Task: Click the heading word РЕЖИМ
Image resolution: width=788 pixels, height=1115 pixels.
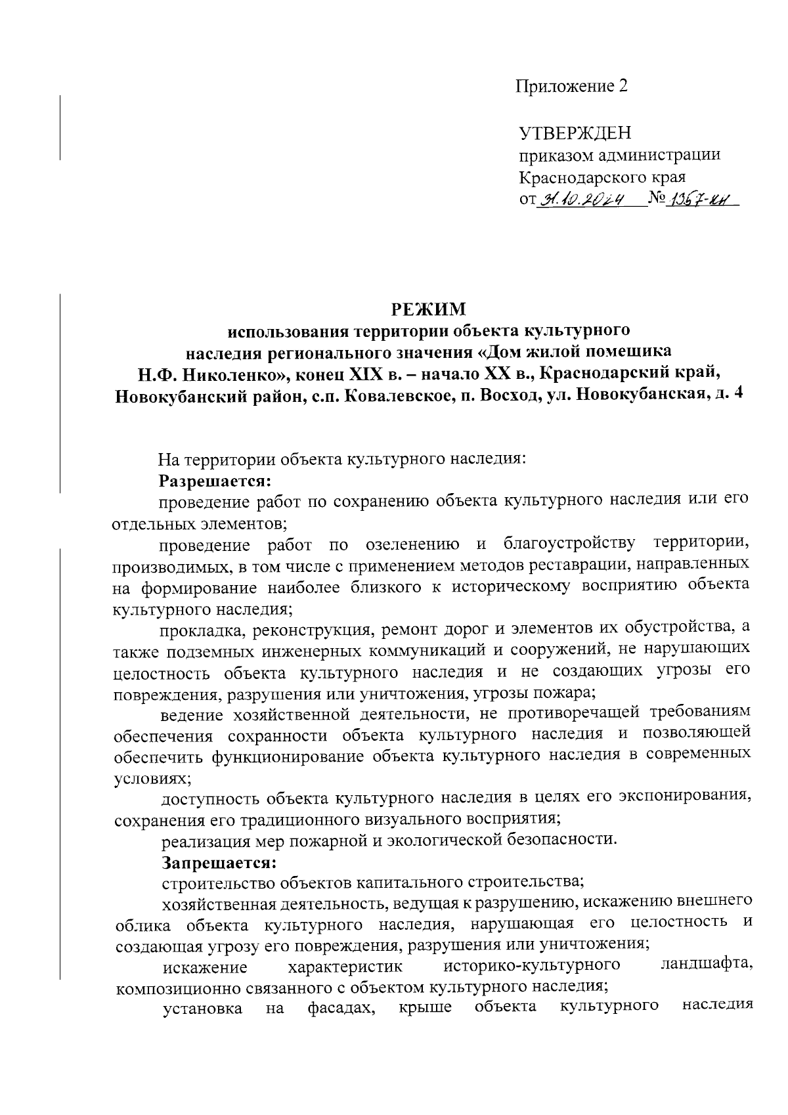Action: [x=428, y=308]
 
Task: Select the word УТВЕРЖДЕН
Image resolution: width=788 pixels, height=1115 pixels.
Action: [x=575, y=134]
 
